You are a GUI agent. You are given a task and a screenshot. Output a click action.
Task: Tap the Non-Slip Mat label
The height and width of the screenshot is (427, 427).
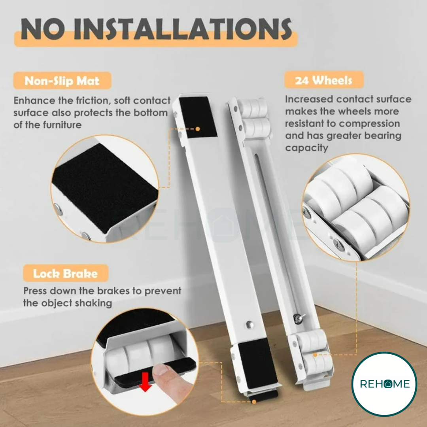[x=62, y=81]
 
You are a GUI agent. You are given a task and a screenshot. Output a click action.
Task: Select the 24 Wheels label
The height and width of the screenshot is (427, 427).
[x=323, y=80]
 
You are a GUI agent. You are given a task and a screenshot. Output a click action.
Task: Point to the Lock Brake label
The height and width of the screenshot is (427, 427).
[x=65, y=273]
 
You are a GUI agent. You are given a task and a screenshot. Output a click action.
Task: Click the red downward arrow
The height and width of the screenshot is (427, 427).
[x=145, y=382]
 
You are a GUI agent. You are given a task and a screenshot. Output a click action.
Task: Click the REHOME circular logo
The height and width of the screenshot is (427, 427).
[x=384, y=384]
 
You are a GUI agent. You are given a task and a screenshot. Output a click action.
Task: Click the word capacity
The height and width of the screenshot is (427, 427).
[x=307, y=148]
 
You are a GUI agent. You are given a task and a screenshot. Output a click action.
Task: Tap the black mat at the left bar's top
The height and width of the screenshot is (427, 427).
[x=198, y=117]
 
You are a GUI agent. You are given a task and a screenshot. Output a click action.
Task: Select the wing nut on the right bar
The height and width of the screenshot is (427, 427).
[x=298, y=317]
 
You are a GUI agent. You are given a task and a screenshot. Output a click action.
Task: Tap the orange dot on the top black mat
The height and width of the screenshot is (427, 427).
[x=198, y=129]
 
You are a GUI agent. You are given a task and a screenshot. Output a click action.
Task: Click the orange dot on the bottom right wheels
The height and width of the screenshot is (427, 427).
[x=315, y=355]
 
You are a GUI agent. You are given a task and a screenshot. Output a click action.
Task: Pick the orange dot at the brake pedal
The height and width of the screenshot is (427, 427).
[x=254, y=401]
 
